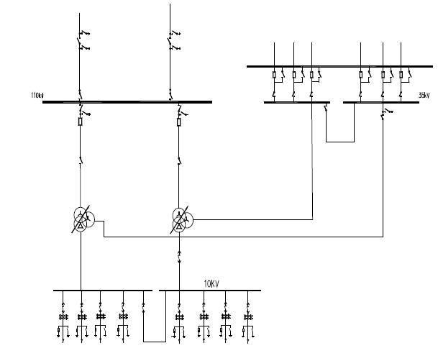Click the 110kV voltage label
(x=37, y=96)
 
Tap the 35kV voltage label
(x=424, y=93)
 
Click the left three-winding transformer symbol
(x=81, y=219)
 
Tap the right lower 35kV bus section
(x=381, y=102)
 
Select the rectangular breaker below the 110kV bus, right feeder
(x=178, y=123)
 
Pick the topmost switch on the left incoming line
(x=81, y=32)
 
